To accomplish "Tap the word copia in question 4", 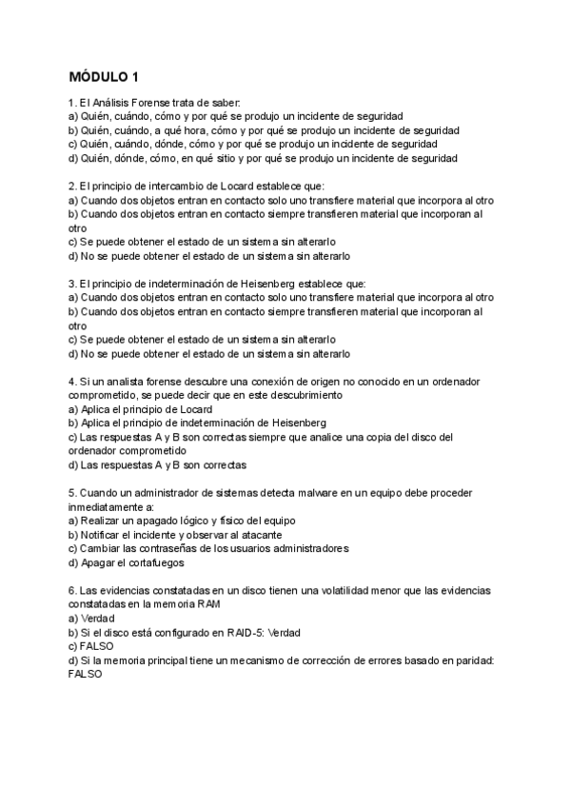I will coord(370,437).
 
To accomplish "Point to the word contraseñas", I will coord(172,549).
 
